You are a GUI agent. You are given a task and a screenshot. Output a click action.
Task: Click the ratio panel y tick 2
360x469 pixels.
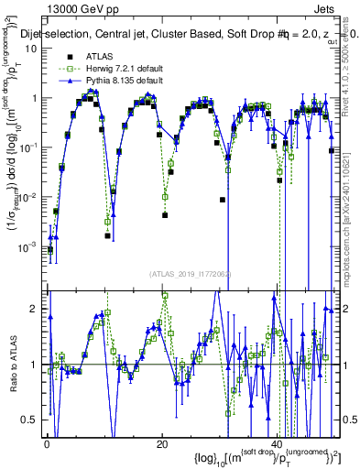pyautogui.click(x=34, y=309)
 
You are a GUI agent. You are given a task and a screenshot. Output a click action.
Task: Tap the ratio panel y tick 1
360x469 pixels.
pyautogui.click(x=34, y=365)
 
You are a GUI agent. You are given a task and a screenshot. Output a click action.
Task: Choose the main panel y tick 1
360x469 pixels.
pyautogui.click(x=34, y=98)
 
